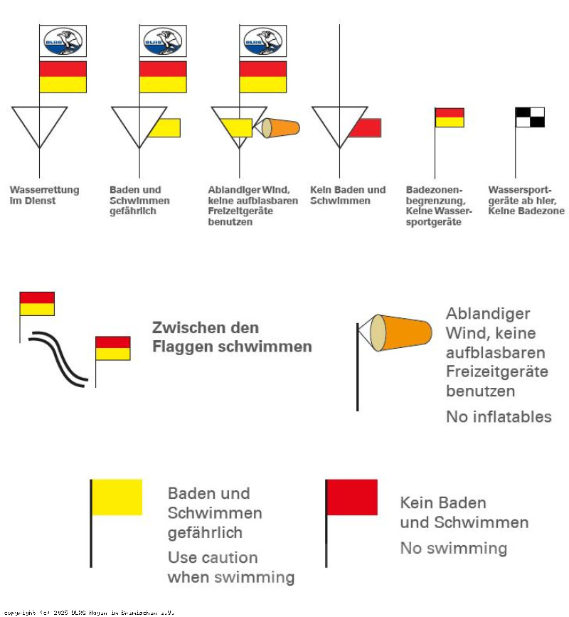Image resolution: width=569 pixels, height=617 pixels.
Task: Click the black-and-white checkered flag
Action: (530, 117)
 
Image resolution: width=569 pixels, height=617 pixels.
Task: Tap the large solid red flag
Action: (352, 497)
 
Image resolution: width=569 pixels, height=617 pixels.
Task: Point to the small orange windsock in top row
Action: (281, 128)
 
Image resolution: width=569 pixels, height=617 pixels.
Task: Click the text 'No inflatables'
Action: (499, 417)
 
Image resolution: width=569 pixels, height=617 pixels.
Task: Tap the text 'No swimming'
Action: (453, 548)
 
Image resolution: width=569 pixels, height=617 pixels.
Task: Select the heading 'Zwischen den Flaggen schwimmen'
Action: (232, 337)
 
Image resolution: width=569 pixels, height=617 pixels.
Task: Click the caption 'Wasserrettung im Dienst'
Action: (44, 196)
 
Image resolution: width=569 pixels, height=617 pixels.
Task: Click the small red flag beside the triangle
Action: (366, 128)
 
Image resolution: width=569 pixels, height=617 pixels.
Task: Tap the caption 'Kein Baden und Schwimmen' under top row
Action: (348, 196)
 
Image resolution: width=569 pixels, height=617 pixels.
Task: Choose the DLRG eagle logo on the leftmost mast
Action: (63, 41)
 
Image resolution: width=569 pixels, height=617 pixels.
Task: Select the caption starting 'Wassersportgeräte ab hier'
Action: (526, 201)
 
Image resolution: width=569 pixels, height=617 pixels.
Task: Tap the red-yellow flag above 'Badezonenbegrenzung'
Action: (450, 117)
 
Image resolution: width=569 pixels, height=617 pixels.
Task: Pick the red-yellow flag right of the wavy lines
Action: (113, 348)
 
